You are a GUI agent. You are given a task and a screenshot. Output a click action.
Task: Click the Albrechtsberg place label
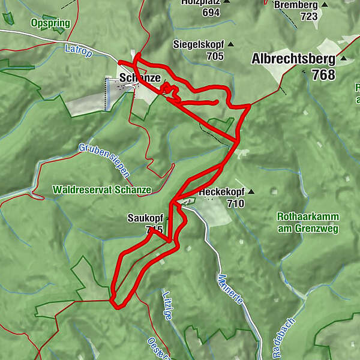(x=293, y=59)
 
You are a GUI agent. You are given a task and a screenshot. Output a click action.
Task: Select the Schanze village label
(x=140, y=78)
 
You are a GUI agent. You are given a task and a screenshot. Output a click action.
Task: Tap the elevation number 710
(x=236, y=203)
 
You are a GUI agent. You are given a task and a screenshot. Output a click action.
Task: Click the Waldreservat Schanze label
(x=101, y=190)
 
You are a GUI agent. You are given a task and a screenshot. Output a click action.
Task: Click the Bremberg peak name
(x=295, y=5)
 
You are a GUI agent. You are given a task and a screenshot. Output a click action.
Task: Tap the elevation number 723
(x=308, y=16)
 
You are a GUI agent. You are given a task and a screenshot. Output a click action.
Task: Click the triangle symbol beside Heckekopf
(x=251, y=192)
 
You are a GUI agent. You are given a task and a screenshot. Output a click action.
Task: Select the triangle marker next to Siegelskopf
(x=230, y=44)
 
